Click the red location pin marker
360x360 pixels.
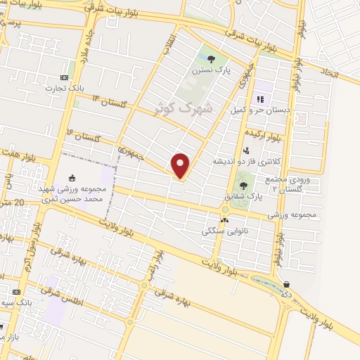181,166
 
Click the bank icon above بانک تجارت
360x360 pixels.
64,77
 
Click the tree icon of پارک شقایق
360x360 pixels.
243,186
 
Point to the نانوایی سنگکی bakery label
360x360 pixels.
223,230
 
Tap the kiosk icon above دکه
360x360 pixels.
286,284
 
